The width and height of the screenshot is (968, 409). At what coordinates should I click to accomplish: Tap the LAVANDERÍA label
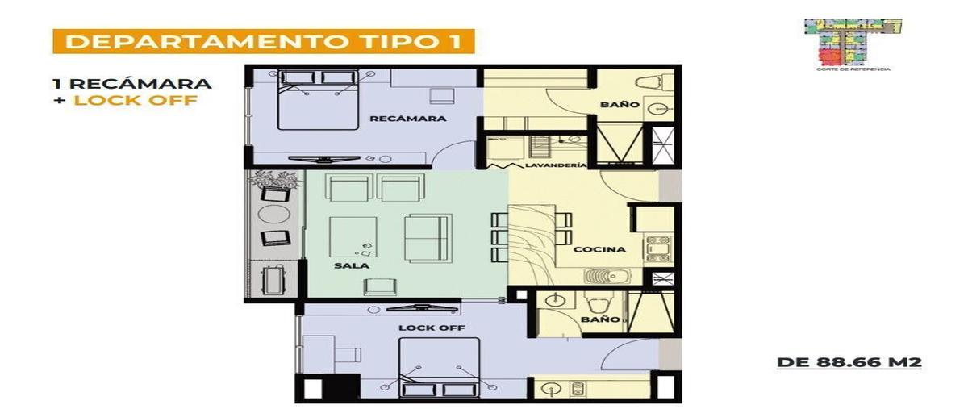[554, 166]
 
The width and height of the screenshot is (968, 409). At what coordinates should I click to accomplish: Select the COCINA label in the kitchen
[599, 250]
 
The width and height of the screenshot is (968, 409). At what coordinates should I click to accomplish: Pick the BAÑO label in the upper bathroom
[620, 106]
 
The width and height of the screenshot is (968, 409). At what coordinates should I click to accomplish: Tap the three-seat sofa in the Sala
[427, 237]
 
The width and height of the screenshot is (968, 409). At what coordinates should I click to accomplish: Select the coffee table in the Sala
[353, 238]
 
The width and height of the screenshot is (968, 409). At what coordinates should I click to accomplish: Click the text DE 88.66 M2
[849, 363]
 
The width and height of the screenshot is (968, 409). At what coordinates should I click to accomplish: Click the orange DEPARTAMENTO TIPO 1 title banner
[263, 41]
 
